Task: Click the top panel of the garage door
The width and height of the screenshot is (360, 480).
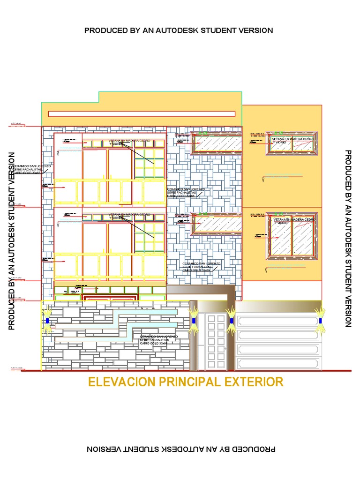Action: point(278,321)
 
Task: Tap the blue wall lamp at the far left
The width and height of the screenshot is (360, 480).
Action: point(47,321)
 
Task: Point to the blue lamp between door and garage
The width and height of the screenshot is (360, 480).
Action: point(231,321)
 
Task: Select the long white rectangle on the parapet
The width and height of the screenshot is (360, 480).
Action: point(142,113)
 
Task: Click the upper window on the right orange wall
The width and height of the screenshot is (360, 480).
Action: point(292,143)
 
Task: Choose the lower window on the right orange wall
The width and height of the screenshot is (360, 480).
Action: point(292,236)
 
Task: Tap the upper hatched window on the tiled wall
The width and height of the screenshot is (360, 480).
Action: point(217,142)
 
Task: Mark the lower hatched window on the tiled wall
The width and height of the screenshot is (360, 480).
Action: point(217,224)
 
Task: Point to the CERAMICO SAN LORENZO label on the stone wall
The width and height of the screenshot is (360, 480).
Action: point(158,340)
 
